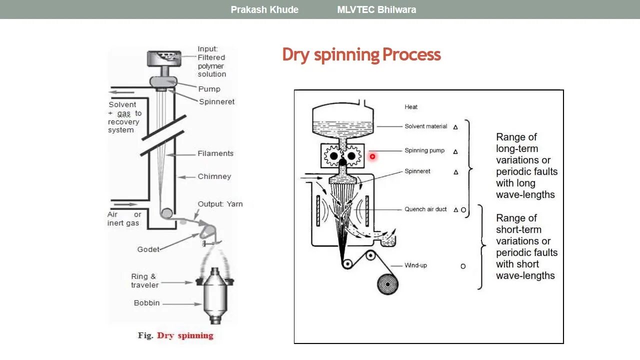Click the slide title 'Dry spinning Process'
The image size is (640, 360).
[361, 54]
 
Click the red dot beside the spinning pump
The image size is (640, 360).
[372, 156]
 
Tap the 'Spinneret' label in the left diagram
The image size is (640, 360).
[216, 101]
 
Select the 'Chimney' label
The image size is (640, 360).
[214, 176]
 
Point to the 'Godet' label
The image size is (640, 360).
[148, 249]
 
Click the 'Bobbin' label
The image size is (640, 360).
[146, 303]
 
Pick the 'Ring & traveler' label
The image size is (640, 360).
[144, 280]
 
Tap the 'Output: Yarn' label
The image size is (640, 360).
[220, 204]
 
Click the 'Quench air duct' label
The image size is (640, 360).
[425, 209]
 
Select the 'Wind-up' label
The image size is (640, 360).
[415, 265]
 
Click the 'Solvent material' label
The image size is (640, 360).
[425, 126]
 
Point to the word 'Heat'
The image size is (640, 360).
[411, 107]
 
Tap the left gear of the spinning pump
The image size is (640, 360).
[333, 156]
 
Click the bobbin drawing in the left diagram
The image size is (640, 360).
[215, 295]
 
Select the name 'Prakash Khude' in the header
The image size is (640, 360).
[264, 9]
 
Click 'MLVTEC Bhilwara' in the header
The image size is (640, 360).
[376, 9]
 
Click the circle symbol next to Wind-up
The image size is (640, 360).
[463, 266]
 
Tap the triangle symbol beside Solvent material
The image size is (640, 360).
[455, 127]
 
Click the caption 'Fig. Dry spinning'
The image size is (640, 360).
[175, 335]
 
